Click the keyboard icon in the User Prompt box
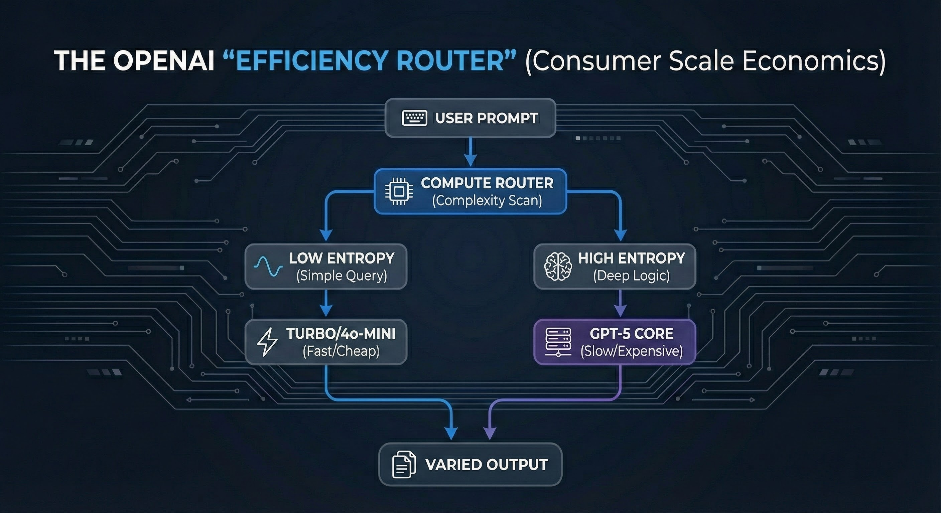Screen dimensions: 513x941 [x=414, y=118]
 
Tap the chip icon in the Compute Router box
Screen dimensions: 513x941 [x=399, y=191]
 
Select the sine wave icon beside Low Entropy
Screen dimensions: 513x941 [x=268, y=267]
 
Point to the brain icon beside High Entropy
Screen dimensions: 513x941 [x=558, y=267]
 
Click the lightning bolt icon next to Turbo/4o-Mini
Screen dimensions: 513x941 [x=267, y=342]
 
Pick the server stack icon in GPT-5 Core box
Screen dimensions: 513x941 [x=558, y=342]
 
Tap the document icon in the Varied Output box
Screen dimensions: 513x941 [x=404, y=465]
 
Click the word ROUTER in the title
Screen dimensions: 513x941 [x=450, y=60]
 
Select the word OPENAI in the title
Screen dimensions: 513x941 [x=164, y=60]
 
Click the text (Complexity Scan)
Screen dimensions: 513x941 [x=487, y=201]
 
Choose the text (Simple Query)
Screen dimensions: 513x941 [x=342, y=276]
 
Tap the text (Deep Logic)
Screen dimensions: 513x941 [x=631, y=276]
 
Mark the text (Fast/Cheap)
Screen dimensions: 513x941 [x=341, y=351]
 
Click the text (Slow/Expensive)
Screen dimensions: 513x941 [x=632, y=351]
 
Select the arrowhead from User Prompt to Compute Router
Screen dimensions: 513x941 [x=470, y=160]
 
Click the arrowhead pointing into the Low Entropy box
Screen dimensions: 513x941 [x=326, y=235]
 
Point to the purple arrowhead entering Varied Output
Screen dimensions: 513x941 [x=490, y=433]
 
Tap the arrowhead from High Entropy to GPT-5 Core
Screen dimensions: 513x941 [x=621, y=311]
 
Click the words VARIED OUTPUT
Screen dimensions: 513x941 [x=487, y=465]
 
